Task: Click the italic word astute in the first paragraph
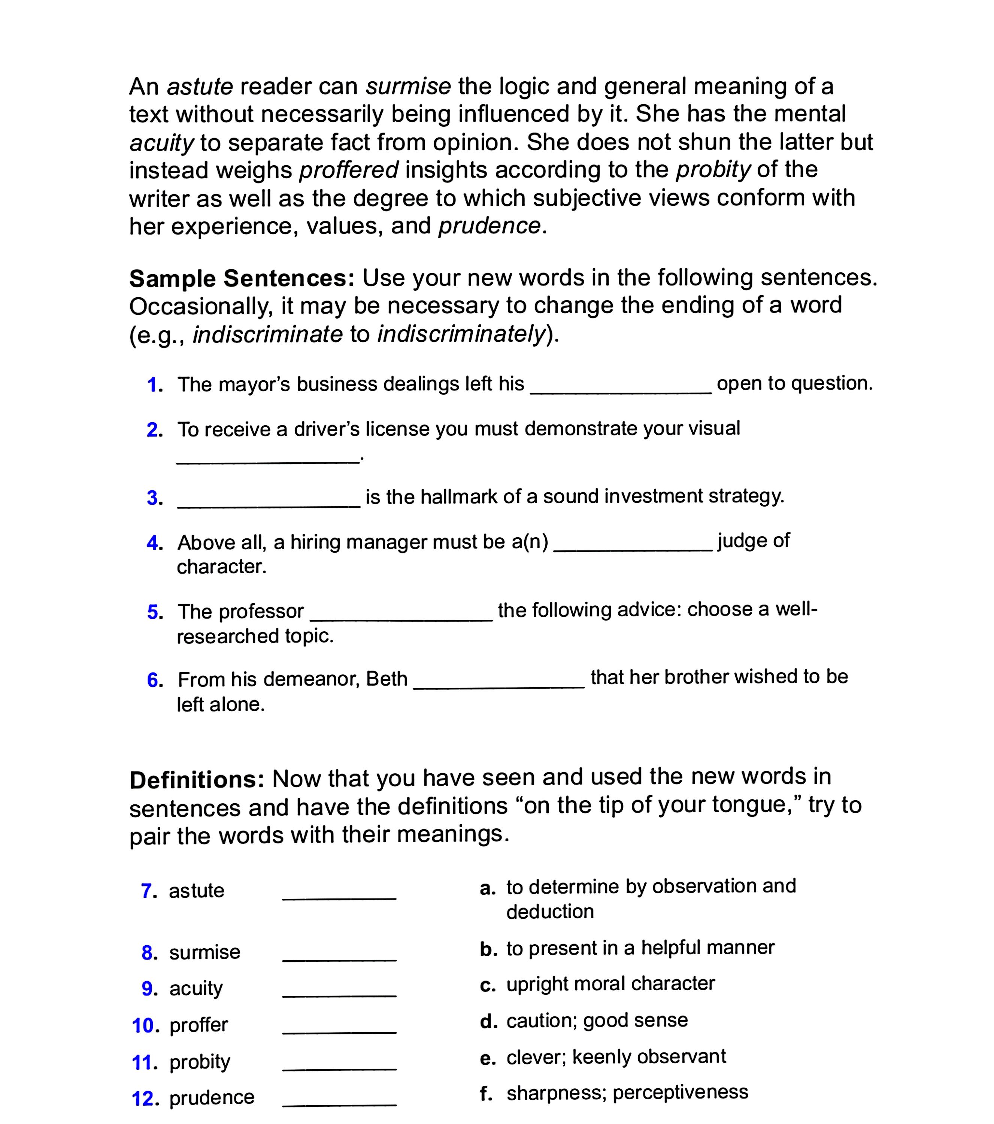[x=200, y=87]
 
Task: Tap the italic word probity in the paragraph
[x=712, y=170]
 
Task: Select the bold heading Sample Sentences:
[x=242, y=279]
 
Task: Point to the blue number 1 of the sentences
[x=154, y=385]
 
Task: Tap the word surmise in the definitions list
[x=204, y=952]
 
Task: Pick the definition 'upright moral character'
[x=610, y=984]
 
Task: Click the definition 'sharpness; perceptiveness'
[x=627, y=1093]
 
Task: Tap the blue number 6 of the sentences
[x=154, y=680]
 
